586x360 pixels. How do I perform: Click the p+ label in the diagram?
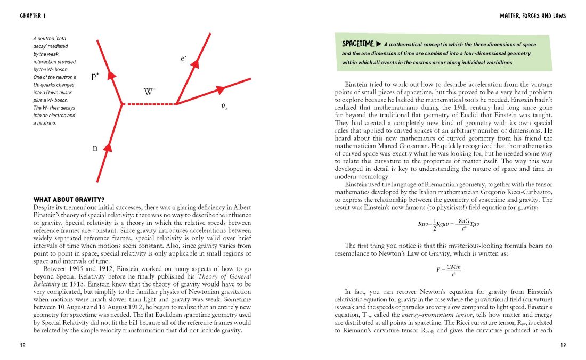pos(95,76)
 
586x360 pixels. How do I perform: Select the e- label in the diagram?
pos(184,60)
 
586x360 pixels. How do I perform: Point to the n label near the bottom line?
pos(95,148)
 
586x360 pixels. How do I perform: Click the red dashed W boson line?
pos(149,104)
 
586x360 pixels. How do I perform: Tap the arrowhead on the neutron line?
pos(108,148)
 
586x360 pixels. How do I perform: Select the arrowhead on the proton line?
pos(112,75)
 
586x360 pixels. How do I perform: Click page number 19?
pos(563,346)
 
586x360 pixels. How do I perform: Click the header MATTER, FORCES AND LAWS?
pos(533,16)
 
